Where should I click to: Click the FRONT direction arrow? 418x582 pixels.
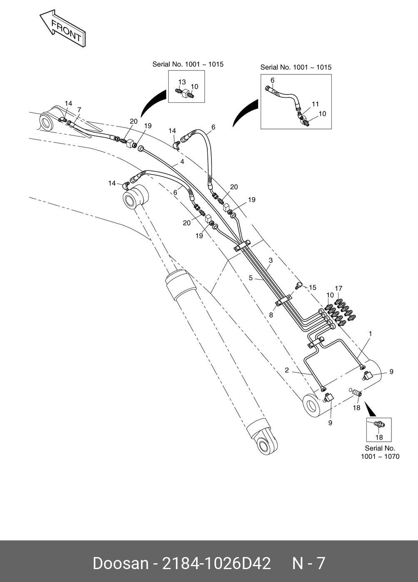[62, 27]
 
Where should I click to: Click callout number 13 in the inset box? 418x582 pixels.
[182, 82]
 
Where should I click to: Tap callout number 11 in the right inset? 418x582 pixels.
[315, 104]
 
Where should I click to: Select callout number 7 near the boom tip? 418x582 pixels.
[79, 110]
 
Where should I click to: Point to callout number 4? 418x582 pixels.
[182, 162]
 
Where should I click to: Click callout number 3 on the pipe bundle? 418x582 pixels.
[271, 261]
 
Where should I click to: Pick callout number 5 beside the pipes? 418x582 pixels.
[251, 277]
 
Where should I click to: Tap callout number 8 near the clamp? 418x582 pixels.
[271, 315]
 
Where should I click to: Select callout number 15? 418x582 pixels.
[313, 287]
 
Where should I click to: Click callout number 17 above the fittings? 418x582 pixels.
[338, 288]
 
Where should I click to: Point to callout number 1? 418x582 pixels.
[370, 334]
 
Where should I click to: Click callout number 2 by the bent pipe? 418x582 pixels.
[287, 370]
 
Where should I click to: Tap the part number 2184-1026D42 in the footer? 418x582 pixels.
[216, 563]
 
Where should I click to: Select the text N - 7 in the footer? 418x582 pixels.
[309, 563]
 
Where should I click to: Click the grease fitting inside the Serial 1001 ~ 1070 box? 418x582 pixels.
[378, 424]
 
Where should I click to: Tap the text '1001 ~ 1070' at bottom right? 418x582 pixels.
[380, 456]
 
